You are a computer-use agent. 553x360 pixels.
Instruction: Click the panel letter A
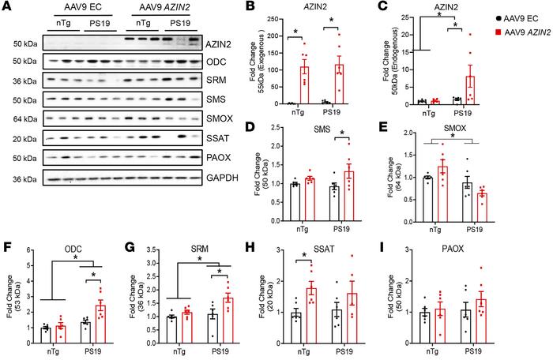pyautogui.click(x=6, y=8)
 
